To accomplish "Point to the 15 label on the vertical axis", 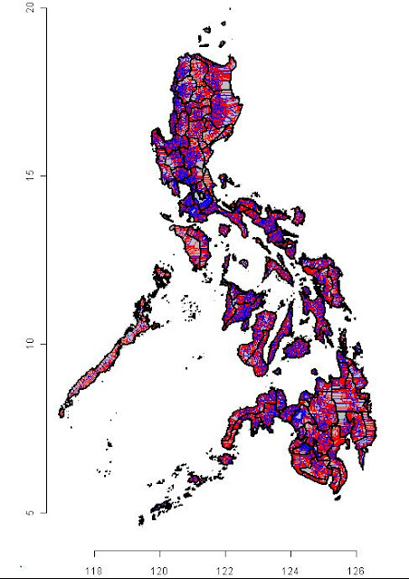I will pos(30,175).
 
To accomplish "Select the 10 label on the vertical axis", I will pos(30,344).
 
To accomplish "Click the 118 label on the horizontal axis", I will pos(94,570).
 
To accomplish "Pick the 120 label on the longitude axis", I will pos(159,570).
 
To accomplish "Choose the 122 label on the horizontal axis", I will pos(225,570).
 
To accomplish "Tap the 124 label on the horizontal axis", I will pos(290,570).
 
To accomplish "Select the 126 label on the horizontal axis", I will pos(356,570).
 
